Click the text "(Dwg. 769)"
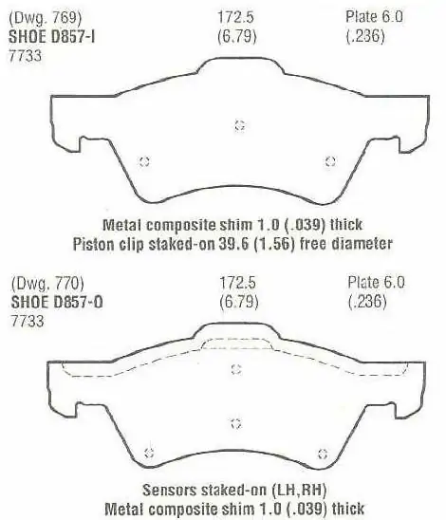point(46,17)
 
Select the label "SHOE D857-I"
point(52,36)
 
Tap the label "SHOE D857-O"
point(57,302)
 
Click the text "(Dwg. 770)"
point(47,283)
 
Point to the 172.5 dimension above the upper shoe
point(235,16)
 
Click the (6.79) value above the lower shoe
point(239,302)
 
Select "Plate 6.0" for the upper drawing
point(374,16)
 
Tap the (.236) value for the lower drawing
point(367,302)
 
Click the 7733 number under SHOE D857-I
point(26,55)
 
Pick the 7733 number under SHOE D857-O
point(28,322)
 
